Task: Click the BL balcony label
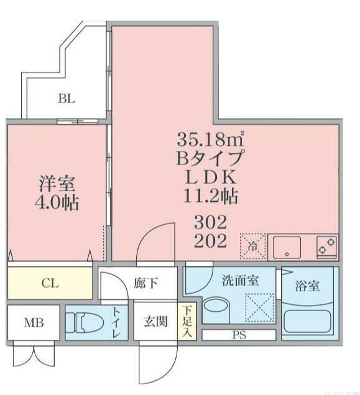(68, 98)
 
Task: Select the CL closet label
(50, 284)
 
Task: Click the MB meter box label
(34, 323)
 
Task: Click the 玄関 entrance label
(155, 322)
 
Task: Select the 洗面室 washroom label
(241, 280)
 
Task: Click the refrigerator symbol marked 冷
(254, 246)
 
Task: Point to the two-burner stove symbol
(326, 247)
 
